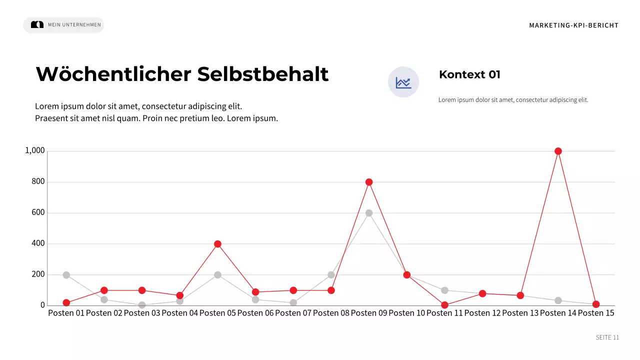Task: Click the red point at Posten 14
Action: pos(558,151)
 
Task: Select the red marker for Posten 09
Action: pos(369,182)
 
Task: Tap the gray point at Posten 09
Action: pos(369,213)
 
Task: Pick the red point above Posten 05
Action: pos(217,244)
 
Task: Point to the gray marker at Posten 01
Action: pos(66,275)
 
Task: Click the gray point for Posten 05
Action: pos(217,275)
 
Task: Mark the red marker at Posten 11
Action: pos(444,305)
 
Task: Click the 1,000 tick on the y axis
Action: pos(35,151)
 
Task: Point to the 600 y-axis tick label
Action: pos(38,213)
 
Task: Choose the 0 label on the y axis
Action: pos(42,305)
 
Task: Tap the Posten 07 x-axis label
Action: pos(293,313)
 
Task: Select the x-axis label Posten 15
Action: pos(595,313)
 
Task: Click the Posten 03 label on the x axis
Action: pos(141,313)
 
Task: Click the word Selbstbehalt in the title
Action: pos(263,74)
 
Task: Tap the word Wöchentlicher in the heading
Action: pos(113,74)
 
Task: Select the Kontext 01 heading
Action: pos(469,75)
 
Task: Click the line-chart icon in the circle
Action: pos(403,82)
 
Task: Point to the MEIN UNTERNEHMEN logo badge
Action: pos(63,25)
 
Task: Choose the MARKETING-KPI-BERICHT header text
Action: pos(573,25)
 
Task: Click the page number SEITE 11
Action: pos(607,337)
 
